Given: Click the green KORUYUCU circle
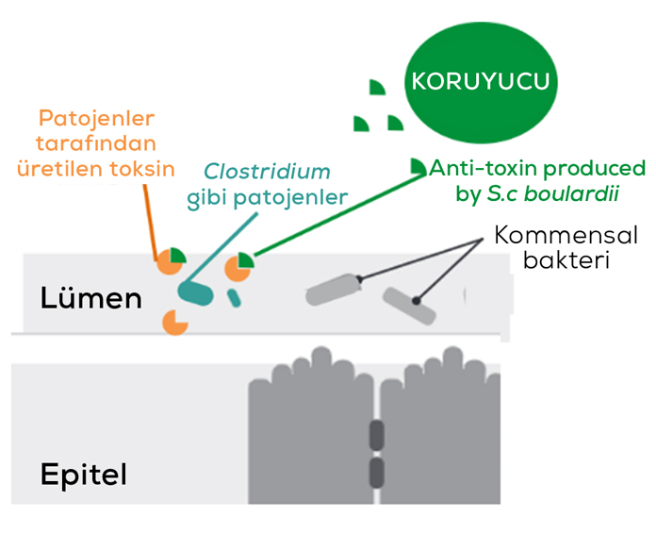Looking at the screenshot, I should click(x=479, y=82).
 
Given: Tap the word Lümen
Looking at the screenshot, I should click(x=90, y=299).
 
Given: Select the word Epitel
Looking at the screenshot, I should click(x=85, y=473).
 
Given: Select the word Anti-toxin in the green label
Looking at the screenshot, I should click(x=475, y=169).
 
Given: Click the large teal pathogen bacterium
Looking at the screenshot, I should click(x=196, y=292).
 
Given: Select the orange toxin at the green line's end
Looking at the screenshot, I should click(x=238, y=268).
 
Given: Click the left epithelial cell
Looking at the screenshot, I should click(x=306, y=434).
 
